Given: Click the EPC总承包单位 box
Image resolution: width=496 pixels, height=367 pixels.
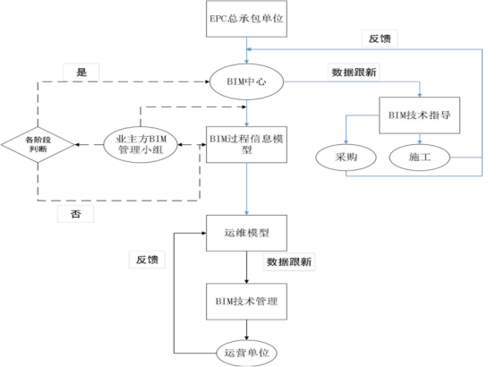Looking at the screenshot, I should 246,18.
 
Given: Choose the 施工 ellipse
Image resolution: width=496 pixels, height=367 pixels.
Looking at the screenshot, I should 420,158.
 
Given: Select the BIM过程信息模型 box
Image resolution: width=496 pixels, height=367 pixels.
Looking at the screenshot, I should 246,143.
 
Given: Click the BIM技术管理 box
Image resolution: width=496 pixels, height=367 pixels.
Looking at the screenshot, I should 246,297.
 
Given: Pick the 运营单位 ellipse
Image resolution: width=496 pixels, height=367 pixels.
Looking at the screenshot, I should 246,351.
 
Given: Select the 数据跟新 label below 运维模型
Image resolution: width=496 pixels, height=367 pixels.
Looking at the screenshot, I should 291,262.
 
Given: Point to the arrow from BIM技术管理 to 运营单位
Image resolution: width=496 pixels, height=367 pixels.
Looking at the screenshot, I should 246,328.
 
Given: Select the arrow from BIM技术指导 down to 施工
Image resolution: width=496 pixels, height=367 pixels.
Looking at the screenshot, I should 420,139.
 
